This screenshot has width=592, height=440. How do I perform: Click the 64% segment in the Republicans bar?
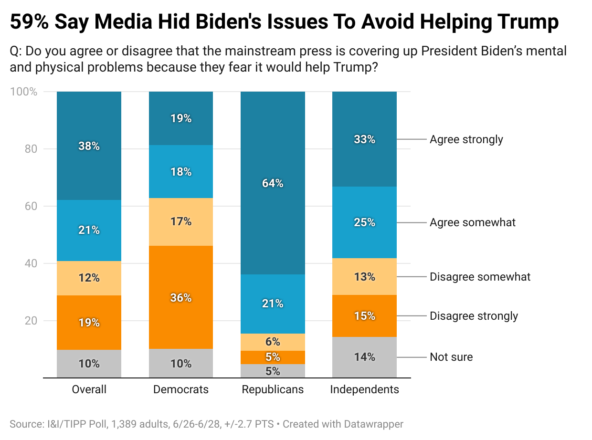pyautogui.click(x=273, y=183)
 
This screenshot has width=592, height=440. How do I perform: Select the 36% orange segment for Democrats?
pyautogui.click(x=181, y=298)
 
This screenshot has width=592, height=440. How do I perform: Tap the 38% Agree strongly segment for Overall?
pyautogui.click(x=89, y=146)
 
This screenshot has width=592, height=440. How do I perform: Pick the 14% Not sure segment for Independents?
pyautogui.click(x=364, y=357)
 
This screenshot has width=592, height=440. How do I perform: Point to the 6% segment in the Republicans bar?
pyautogui.click(x=273, y=342)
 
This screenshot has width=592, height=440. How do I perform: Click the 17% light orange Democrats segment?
pyautogui.click(x=181, y=221)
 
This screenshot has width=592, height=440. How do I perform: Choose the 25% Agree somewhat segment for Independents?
pyautogui.click(x=364, y=222)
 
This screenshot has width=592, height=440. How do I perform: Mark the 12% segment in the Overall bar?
pyautogui.click(x=89, y=277)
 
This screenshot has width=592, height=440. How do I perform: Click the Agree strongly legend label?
pyautogui.click(x=466, y=139)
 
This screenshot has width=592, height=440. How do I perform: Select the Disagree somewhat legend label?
pyautogui.click(x=480, y=277)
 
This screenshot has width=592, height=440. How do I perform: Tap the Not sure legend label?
pyautogui.click(x=451, y=357)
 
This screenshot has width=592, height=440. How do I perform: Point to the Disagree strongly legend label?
pyautogui.click(x=474, y=316)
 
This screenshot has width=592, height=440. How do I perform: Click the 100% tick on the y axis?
pyautogui.click(x=24, y=92)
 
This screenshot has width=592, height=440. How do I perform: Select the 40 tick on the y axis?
pyautogui.click(x=31, y=263)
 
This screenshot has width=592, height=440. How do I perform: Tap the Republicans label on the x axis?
pyautogui.click(x=273, y=389)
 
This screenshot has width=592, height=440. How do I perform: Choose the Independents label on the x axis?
pyautogui.click(x=364, y=389)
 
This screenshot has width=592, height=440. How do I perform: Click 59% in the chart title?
pyautogui.click(x=29, y=22)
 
